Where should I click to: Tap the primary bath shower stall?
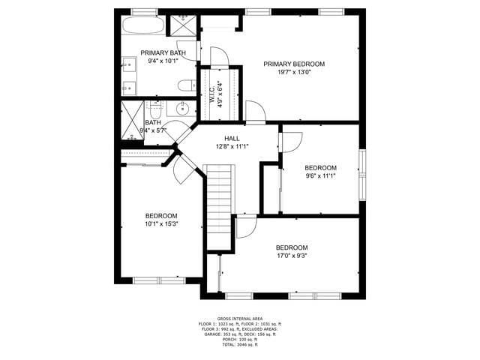pyautogui.click(x=182, y=25)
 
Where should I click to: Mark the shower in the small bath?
pyautogui.click(x=133, y=120)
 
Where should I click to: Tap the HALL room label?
pyautogui.click(x=232, y=138)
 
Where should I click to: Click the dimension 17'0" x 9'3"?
pyautogui.click(x=292, y=256)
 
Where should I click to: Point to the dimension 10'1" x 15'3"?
pyautogui.click(x=161, y=223)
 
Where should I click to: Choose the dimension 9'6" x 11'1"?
pyautogui.click(x=320, y=176)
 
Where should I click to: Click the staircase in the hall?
pyautogui.click(x=220, y=206)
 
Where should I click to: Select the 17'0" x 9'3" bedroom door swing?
pyautogui.click(x=245, y=226)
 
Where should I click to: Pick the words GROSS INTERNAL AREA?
pyautogui.click(x=240, y=318)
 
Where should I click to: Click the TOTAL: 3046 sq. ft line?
pyautogui.click(x=240, y=344)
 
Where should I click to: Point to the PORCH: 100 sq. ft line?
pyautogui.click(x=240, y=339)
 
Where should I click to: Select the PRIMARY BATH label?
pyautogui.click(x=163, y=52)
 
